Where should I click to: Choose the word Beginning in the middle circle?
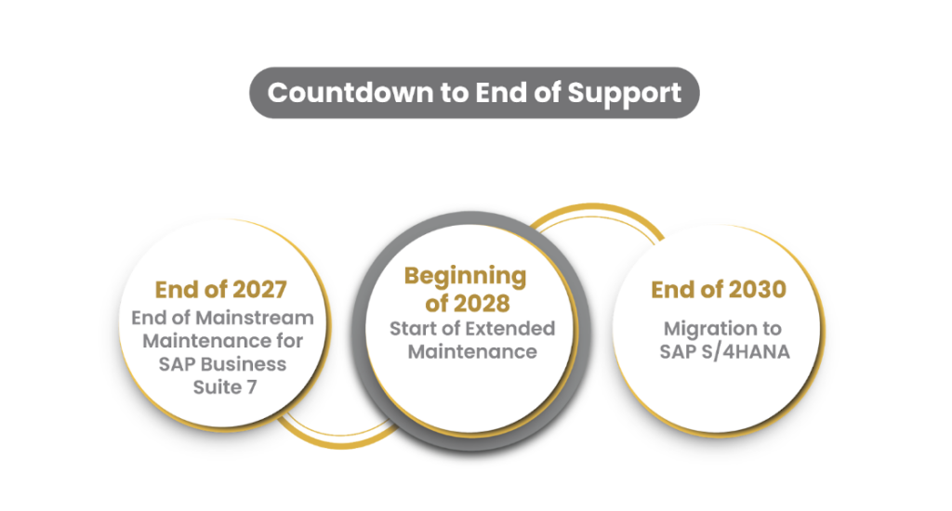point(465,276)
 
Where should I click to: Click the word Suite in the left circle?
point(218,385)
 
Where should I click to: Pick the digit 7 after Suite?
point(251,385)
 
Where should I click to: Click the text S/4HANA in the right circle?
point(740,351)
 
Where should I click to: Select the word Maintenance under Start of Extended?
point(471,351)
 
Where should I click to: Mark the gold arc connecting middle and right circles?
point(595,216)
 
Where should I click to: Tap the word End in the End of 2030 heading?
point(671,289)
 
